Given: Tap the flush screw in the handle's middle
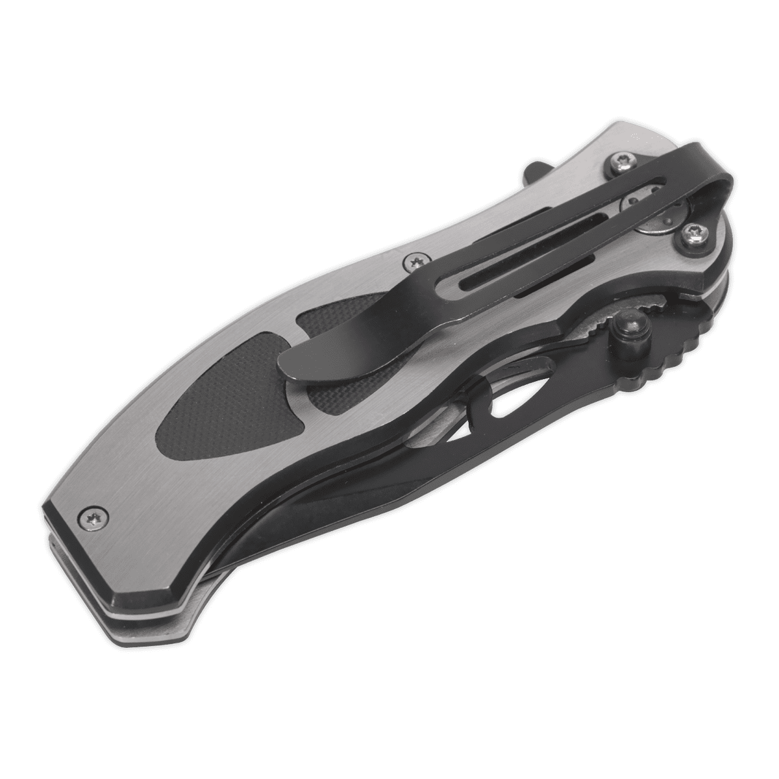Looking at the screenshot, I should [412, 262].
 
